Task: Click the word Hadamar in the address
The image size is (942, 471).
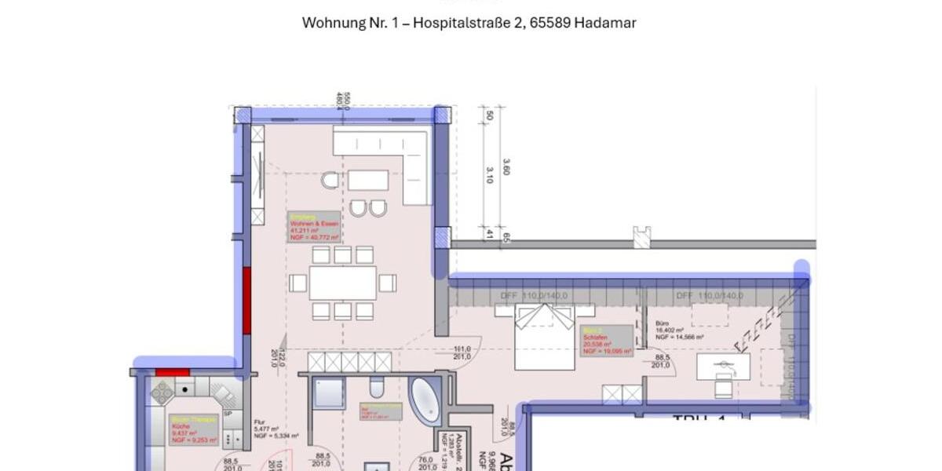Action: click(604, 23)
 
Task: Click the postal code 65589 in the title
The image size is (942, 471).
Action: click(550, 23)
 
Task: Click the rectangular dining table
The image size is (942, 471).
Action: click(343, 283)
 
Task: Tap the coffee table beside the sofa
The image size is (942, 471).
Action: click(367, 181)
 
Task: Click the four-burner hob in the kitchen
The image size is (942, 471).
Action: click(162, 392)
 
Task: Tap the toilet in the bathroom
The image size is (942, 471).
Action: click(376, 389)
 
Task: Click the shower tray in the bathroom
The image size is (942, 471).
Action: click(329, 392)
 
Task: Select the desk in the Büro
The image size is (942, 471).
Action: click(722, 366)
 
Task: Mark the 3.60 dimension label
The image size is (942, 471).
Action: click(506, 167)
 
